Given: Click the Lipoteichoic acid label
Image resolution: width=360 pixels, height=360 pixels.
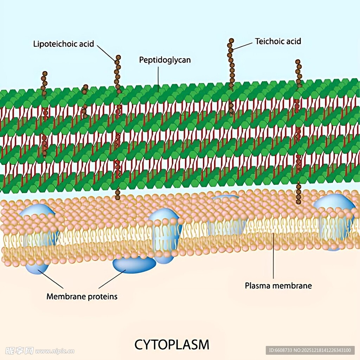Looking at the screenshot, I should [x=64, y=44].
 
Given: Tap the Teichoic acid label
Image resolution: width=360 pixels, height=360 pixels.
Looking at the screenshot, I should [x=278, y=41].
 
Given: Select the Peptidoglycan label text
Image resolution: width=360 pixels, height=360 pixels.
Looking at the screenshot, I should [x=165, y=60].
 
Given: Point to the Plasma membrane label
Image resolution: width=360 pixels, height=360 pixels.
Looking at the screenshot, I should [x=278, y=285].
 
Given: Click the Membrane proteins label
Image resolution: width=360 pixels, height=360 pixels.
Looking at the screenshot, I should [x=82, y=296].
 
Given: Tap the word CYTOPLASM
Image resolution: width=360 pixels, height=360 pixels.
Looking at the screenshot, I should [x=172, y=345].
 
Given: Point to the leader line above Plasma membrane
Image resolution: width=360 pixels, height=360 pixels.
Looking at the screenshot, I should [x=274, y=257].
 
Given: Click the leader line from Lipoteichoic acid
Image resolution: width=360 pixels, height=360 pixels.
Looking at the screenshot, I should [x=105, y=52].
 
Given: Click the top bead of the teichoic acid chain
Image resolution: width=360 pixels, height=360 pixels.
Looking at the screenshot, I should [x=231, y=41].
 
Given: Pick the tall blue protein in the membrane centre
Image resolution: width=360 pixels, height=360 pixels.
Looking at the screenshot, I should [x=165, y=234].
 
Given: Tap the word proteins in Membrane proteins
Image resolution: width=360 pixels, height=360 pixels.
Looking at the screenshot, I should [x=102, y=296].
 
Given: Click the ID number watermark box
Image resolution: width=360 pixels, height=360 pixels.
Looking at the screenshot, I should [x=310, y=350].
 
